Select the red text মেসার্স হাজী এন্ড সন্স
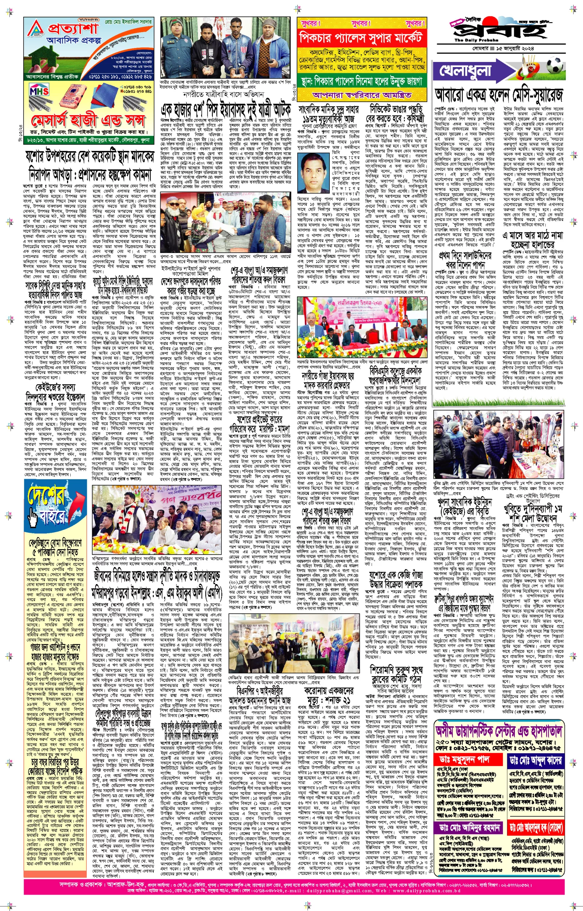[89, 120]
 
